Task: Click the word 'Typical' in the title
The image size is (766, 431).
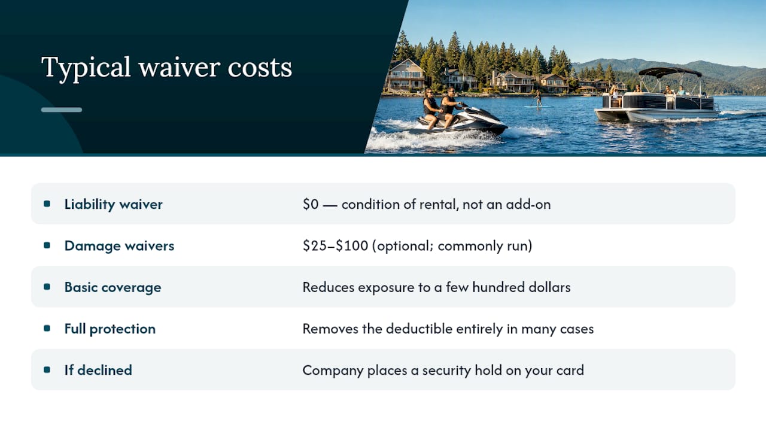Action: pos(86,68)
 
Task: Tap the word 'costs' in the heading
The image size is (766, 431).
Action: pos(260,68)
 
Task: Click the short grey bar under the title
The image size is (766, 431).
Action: pos(62,110)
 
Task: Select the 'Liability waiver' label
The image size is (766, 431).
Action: pos(113,204)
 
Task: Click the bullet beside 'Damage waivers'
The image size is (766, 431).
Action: pos(47,245)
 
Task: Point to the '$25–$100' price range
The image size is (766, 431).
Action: pos(336,245)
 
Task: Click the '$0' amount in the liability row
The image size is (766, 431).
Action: pos(311,204)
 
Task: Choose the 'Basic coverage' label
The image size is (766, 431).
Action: pos(113,287)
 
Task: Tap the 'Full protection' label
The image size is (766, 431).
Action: pos(110,329)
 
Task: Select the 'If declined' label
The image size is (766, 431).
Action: pos(98,370)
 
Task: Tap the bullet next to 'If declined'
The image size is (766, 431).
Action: pos(47,370)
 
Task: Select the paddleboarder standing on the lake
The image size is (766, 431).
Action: pos(539,98)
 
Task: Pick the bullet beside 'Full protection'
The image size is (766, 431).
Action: pos(47,329)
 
